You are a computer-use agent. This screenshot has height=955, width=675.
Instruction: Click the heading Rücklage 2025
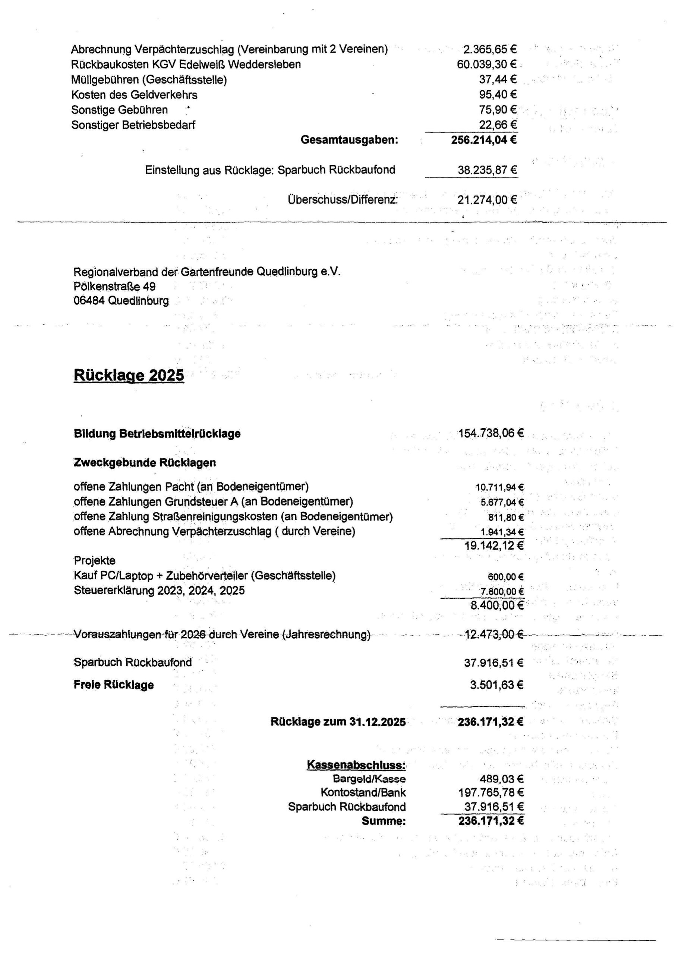[x=129, y=375]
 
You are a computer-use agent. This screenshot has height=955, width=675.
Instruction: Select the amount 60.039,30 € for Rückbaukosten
[x=487, y=65]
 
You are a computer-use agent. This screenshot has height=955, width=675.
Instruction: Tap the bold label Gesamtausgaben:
[x=349, y=140]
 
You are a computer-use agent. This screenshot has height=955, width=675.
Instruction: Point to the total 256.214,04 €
[x=484, y=140]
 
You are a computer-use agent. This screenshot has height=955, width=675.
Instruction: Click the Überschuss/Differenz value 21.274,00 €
[x=487, y=200]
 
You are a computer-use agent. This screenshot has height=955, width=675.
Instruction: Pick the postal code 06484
[x=89, y=301]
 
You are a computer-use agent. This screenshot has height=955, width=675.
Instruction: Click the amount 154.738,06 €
[x=491, y=433]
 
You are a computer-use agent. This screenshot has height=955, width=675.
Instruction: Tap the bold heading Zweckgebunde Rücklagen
[x=145, y=463]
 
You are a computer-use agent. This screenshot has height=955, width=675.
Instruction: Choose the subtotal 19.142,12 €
[x=494, y=546]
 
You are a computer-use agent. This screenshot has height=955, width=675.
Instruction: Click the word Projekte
[x=94, y=560]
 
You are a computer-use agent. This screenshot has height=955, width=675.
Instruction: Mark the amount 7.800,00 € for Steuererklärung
[x=502, y=591]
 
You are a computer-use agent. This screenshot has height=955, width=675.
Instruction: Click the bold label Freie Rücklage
[x=113, y=685]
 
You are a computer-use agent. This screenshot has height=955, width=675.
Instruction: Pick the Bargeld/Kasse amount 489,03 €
[x=502, y=779]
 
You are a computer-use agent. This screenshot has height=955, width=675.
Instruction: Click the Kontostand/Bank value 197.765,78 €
[x=491, y=793]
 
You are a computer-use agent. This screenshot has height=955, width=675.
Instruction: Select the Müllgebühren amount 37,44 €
[x=498, y=79]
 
